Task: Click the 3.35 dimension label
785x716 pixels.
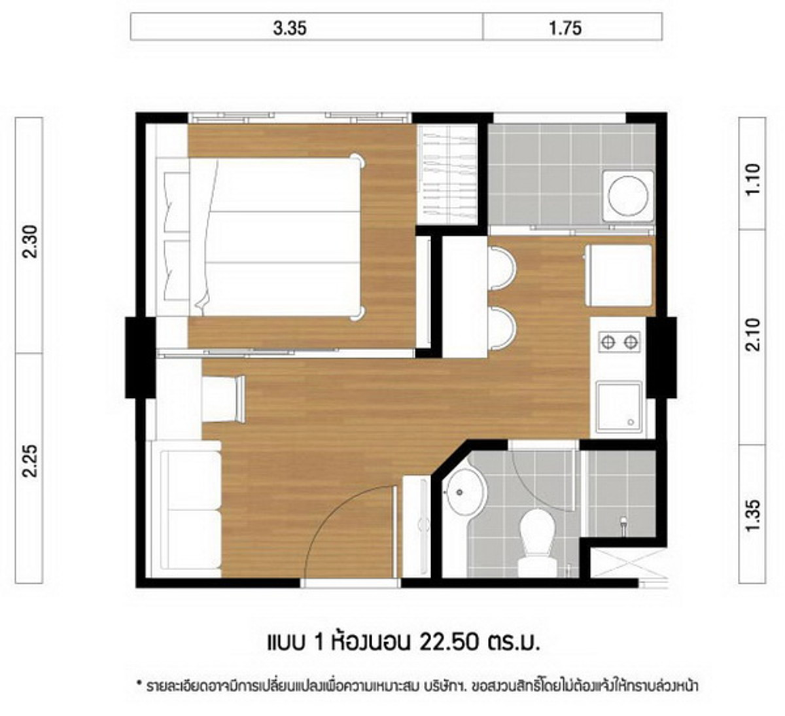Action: (290, 29)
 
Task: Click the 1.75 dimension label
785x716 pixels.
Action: (565, 29)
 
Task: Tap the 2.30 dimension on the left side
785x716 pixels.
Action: (30, 242)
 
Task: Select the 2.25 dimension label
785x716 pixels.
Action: (30, 461)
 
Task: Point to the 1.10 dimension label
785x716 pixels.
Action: (753, 179)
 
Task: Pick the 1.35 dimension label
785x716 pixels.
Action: (753, 516)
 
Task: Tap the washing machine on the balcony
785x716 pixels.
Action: (628, 195)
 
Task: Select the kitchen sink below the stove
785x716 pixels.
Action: (619, 407)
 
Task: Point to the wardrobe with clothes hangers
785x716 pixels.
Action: (447, 175)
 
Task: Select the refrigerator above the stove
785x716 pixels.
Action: (619, 276)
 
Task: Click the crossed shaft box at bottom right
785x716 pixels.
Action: (628, 566)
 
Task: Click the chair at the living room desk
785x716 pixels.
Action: (224, 399)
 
